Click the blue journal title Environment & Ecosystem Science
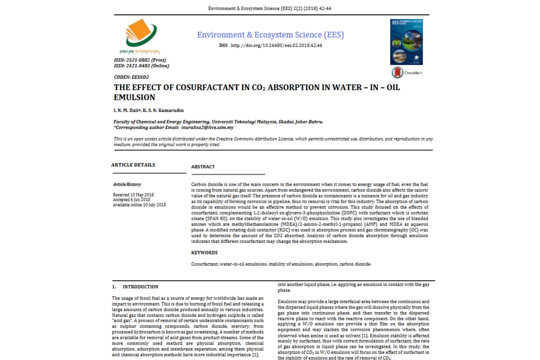[271, 35]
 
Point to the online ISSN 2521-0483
[141, 66]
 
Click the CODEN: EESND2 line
[128, 77]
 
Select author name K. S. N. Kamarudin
[163, 111]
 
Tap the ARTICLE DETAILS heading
[133, 165]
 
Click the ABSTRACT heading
[203, 167]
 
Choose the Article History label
[127, 184]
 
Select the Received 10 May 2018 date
[133, 195]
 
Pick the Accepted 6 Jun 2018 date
[132, 200]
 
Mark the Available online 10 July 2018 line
[139, 205]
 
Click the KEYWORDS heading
[204, 253]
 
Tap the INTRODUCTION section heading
[140, 287]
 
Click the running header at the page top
[270, 9]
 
